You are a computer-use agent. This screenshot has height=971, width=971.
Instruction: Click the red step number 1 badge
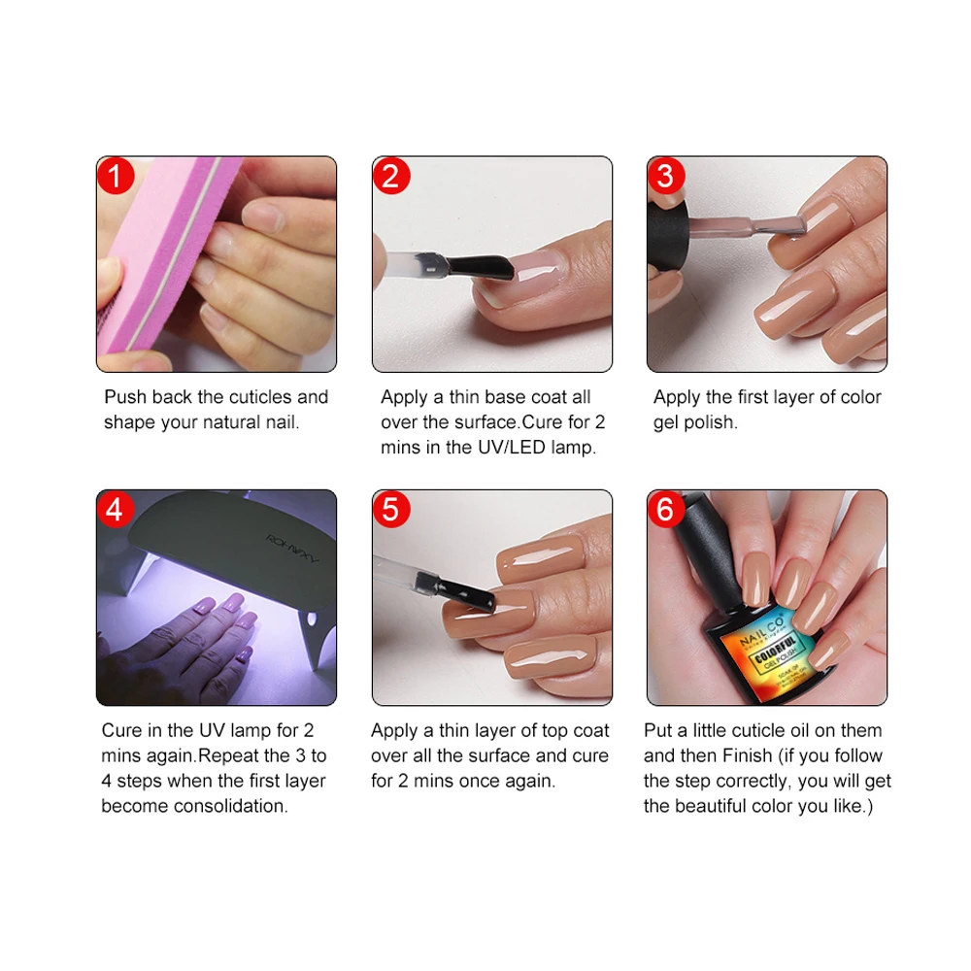tap(116, 177)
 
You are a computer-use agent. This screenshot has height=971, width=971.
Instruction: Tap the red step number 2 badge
tap(391, 177)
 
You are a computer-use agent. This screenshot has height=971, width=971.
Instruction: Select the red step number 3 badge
tap(666, 177)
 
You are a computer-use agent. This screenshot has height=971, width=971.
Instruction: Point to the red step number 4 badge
tap(116, 510)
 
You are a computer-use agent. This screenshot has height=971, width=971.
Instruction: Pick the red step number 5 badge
tap(391, 510)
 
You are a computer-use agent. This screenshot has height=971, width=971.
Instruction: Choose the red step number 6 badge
tap(666, 510)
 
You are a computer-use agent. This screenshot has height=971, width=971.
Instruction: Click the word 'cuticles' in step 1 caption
tap(261, 397)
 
